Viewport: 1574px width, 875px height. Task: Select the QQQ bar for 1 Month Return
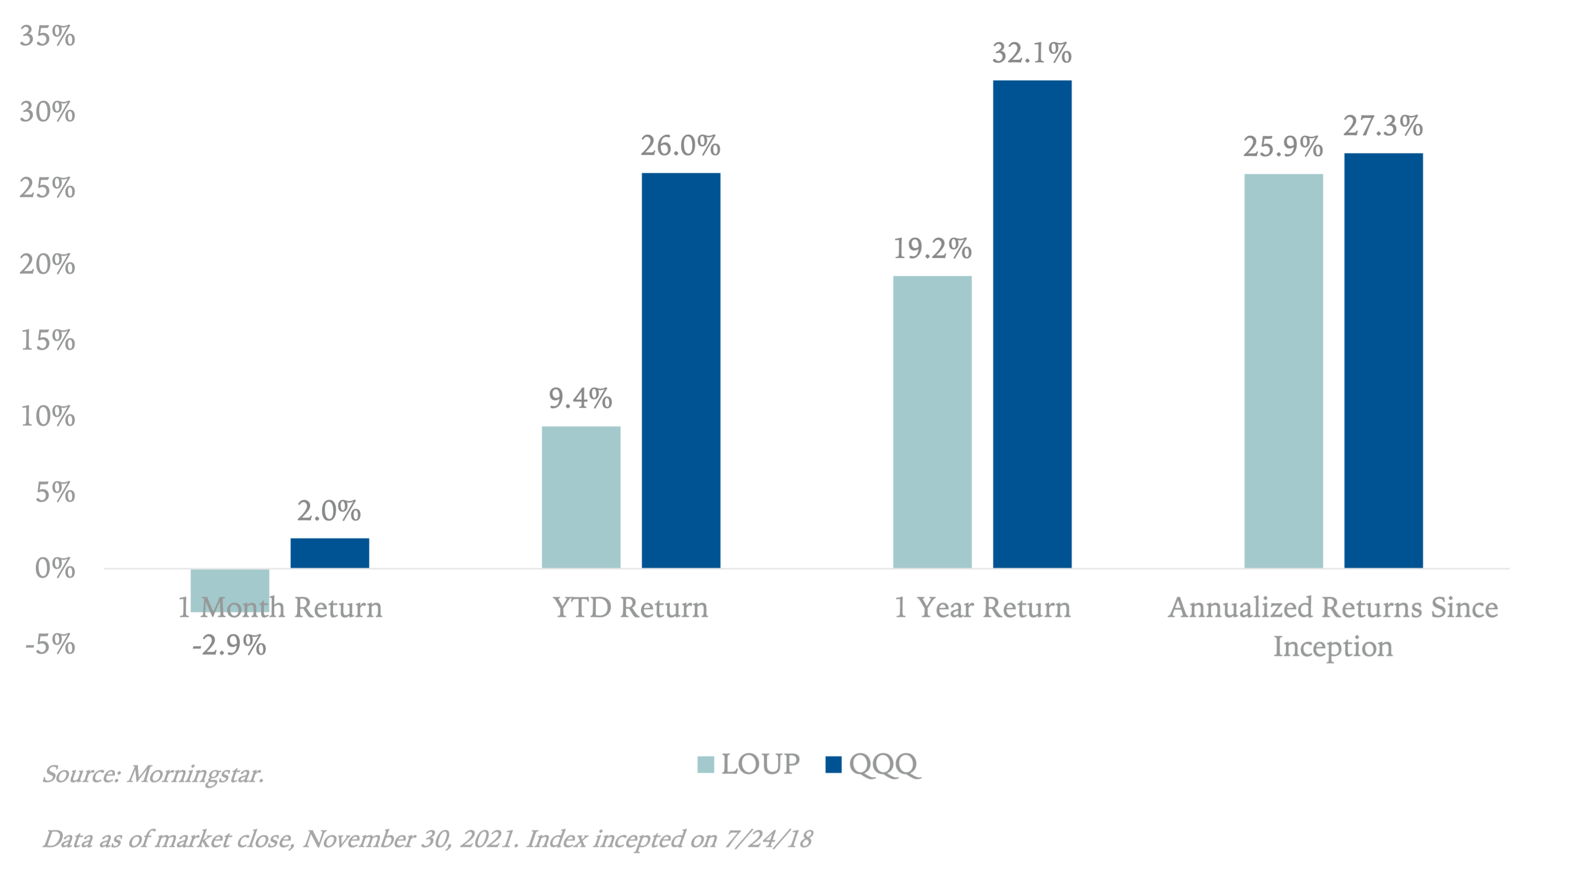pos(330,553)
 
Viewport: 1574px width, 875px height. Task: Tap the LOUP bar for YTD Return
pos(581,497)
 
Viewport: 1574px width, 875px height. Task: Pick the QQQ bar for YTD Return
pos(681,370)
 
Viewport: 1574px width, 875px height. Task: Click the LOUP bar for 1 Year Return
pos(932,421)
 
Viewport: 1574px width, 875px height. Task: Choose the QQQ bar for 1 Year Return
pos(1032,324)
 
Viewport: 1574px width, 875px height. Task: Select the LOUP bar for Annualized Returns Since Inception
pos(1284,371)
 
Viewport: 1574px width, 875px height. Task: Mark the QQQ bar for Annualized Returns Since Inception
pos(1384,361)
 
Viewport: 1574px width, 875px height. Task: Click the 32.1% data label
pos(1032,53)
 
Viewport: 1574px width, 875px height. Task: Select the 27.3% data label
pos(1383,126)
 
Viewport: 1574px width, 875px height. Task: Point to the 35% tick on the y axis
pos(48,36)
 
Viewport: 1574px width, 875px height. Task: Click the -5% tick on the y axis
pos(50,645)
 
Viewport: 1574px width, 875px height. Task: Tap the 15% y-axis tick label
pos(48,340)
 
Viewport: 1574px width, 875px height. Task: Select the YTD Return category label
pos(631,608)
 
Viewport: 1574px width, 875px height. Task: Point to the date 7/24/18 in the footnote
pos(768,840)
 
